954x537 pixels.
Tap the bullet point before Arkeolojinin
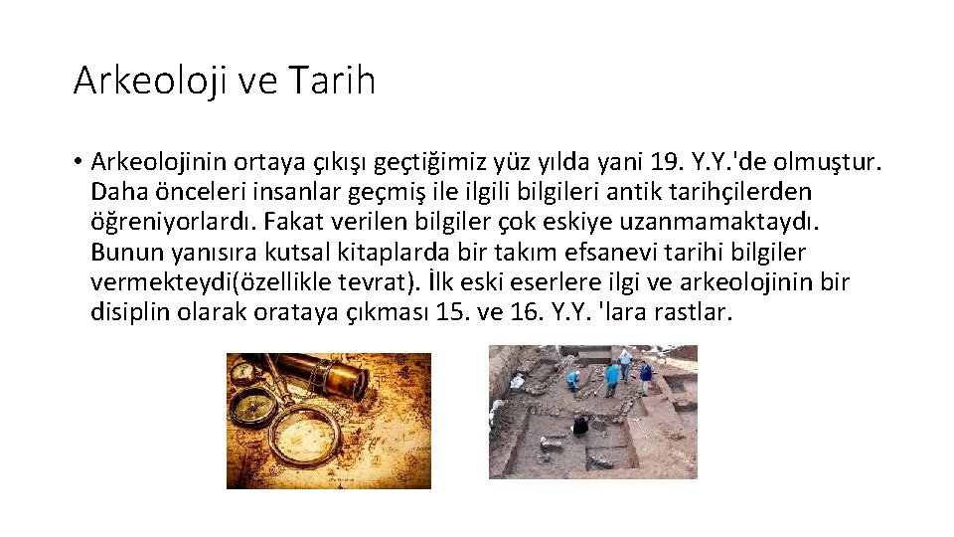click(x=77, y=161)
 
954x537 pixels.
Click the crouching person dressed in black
click(x=579, y=427)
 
